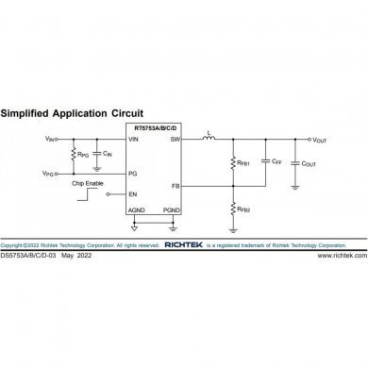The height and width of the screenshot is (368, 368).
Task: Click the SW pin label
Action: click(175, 139)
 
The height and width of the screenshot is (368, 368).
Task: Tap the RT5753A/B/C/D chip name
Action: click(155, 128)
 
